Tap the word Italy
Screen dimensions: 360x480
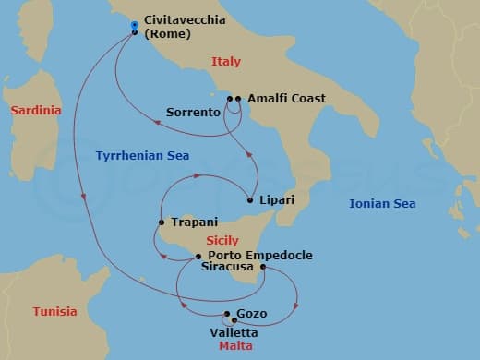tap(226, 62)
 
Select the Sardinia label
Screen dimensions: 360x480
tap(35, 111)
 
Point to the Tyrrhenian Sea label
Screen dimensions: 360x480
tap(142, 156)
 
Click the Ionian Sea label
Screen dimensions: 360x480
tap(382, 204)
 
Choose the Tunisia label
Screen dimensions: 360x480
tap(54, 311)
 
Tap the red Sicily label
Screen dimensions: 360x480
tap(223, 240)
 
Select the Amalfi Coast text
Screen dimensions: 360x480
tap(286, 98)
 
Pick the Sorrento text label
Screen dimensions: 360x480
tap(193, 113)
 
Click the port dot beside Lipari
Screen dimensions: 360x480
tap(251, 199)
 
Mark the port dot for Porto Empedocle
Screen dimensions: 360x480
tap(198, 256)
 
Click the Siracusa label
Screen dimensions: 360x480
tap(229, 269)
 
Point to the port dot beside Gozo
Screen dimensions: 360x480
tap(227, 314)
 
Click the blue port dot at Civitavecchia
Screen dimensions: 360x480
tap(135, 25)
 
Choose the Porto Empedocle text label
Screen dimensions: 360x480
tap(260, 256)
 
